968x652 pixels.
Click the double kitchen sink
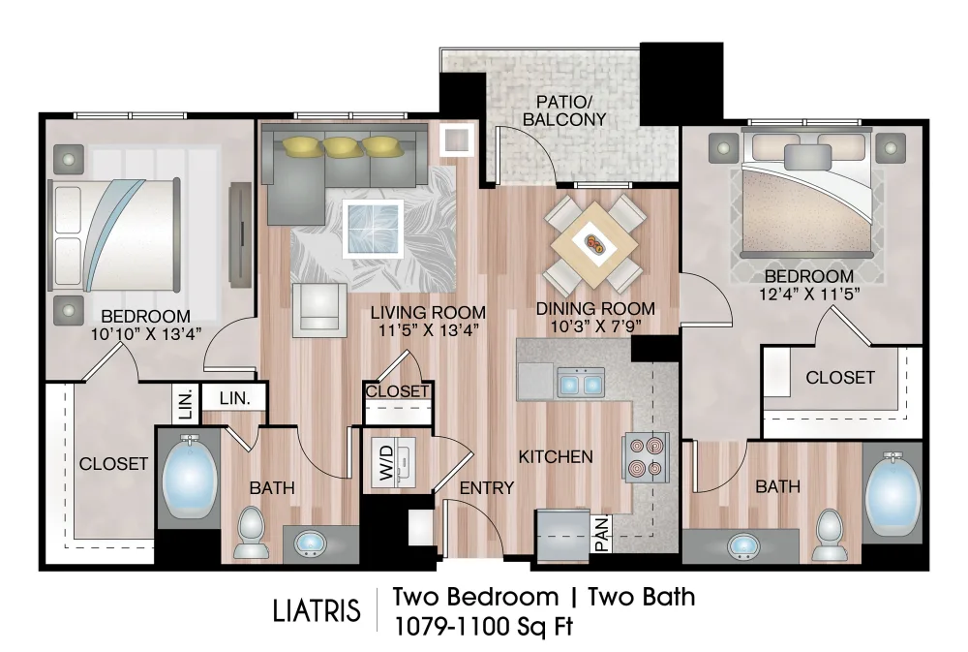coord(581,384)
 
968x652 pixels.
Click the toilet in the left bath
coord(251,534)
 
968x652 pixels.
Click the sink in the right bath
coord(743,547)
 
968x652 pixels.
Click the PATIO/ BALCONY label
coord(565,111)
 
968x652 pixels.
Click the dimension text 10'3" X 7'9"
coord(595,326)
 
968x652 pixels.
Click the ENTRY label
coord(487,487)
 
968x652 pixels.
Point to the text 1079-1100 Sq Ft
coord(483,626)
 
